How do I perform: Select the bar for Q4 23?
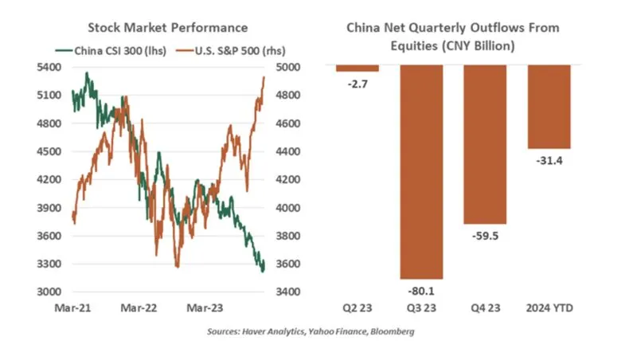[x=485, y=144]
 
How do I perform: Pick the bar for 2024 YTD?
[x=549, y=107]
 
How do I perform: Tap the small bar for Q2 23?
[x=358, y=68]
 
